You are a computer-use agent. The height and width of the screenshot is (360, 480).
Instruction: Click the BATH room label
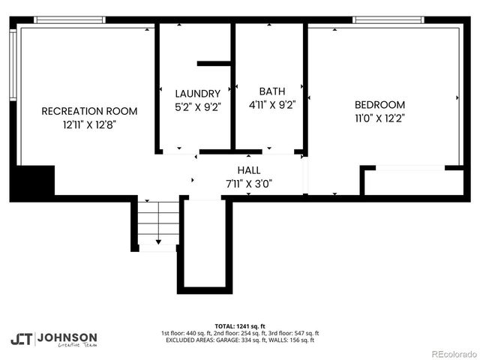click(x=271, y=91)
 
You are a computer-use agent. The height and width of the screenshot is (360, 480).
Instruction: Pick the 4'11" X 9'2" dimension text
click(x=271, y=105)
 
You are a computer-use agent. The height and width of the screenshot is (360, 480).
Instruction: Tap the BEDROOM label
click(x=379, y=105)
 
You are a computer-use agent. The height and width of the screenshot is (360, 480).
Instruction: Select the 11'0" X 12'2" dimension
click(x=379, y=118)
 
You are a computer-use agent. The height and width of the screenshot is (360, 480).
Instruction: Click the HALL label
click(x=248, y=170)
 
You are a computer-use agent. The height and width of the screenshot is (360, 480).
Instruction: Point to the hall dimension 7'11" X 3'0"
click(x=248, y=183)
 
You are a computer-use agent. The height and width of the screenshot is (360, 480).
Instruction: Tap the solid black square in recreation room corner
click(x=34, y=182)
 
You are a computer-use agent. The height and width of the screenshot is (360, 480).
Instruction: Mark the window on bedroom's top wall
click(x=388, y=20)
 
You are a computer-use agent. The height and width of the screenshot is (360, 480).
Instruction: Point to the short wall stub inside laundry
click(x=214, y=63)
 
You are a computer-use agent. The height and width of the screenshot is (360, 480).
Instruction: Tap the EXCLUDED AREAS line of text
click(x=240, y=340)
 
